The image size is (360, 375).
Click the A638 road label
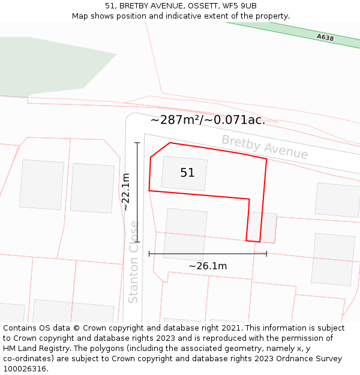[325, 37]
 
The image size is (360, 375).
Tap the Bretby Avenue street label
[265, 147]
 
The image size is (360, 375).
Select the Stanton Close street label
[134, 262]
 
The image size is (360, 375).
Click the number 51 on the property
[187, 173]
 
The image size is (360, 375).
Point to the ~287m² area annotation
[207, 120]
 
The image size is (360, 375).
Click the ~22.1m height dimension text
[126, 192]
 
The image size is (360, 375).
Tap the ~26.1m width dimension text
[208, 266]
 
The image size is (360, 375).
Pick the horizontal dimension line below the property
[208, 254]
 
